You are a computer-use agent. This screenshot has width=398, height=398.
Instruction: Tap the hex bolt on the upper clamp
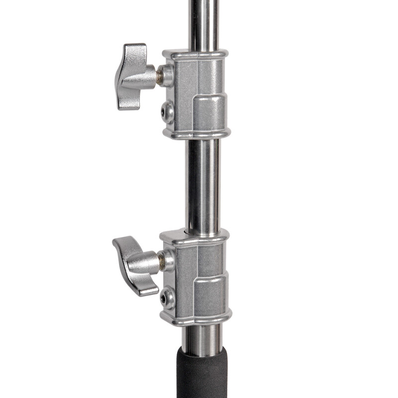(167, 112)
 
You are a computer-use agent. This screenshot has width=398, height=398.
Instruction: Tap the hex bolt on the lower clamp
(167, 298)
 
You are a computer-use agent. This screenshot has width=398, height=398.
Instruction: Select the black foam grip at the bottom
(201, 373)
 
